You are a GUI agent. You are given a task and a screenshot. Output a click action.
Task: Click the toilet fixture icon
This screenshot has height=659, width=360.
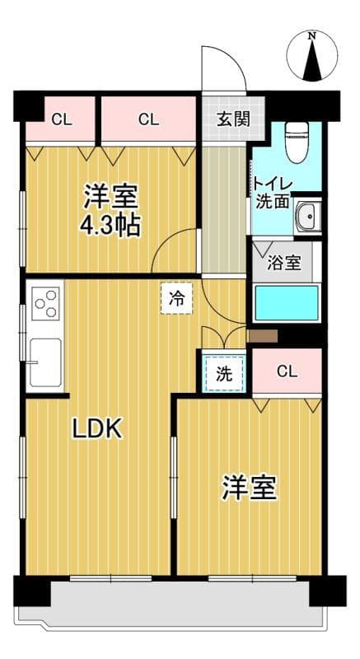point(294,142)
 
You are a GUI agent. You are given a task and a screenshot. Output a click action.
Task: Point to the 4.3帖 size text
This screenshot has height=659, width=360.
point(110,225)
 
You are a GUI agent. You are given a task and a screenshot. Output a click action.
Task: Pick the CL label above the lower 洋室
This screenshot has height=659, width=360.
point(286,371)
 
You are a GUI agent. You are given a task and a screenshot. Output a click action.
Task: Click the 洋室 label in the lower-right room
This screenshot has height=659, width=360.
point(248,488)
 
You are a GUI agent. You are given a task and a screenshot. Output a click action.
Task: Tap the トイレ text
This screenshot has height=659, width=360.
point(269,183)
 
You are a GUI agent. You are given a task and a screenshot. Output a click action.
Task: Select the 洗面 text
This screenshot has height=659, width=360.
point(272,201)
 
